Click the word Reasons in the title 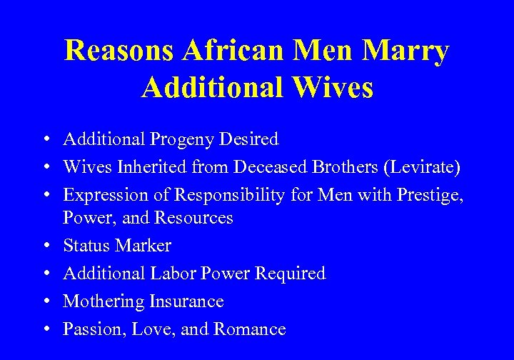pyautogui.click(x=118, y=51)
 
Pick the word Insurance pyautogui.click(x=186, y=301)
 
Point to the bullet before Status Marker pyautogui.click(x=45, y=246)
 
